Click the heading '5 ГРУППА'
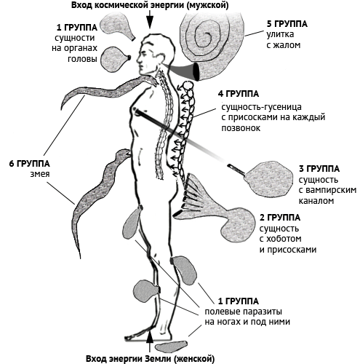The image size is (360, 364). tap(287, 24)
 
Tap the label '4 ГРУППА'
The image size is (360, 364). tap(239, 94)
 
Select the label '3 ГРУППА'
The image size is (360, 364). tap(319, 169)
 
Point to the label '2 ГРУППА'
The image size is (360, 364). tap(280, 218)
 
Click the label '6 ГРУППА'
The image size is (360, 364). tap(30, 164)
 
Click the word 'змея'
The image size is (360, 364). tap(40, 175)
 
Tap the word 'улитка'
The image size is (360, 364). tap(280, 35)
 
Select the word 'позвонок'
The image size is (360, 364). tap(241, 128)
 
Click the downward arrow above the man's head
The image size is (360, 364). tap(150, 20)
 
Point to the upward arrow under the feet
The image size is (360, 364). tap(151, 341)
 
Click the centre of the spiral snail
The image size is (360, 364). tap(208, 36)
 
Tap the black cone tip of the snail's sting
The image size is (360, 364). tap(196, 72)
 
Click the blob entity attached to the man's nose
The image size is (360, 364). tap(114, 59)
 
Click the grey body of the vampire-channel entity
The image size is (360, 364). tap(268, 178)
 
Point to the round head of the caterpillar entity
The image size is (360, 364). tap(188, 85)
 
